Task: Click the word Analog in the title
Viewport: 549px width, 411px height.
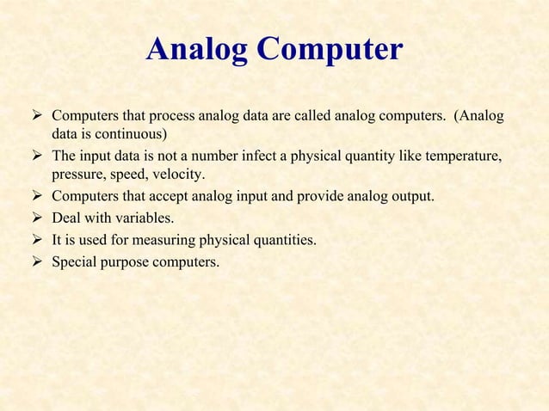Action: [198, 50]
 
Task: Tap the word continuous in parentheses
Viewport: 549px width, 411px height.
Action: [130, 134]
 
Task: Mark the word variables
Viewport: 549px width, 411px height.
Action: [143, 218]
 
